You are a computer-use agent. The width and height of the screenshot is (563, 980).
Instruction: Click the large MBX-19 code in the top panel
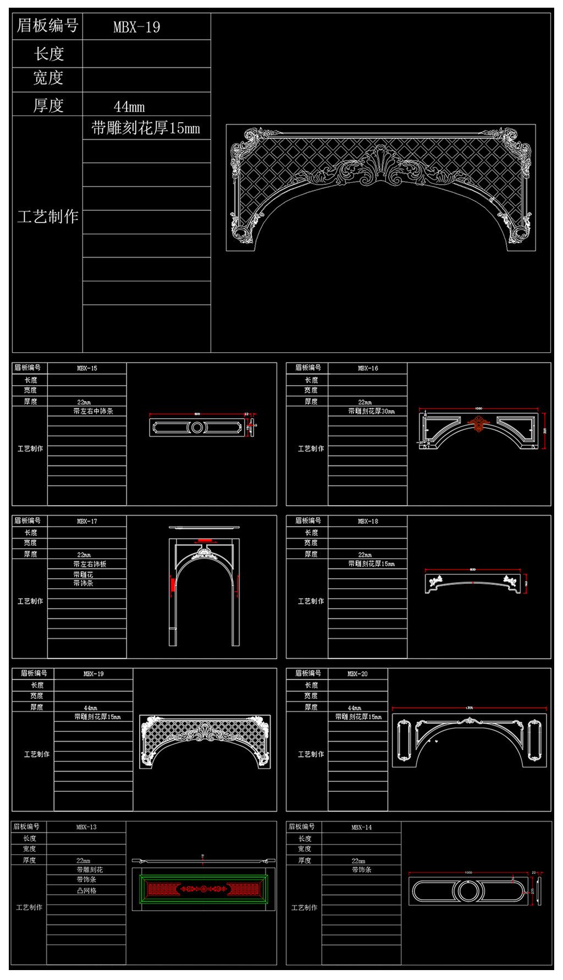coord(136,27)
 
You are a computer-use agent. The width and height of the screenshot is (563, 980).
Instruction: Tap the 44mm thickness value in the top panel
coord(129,106)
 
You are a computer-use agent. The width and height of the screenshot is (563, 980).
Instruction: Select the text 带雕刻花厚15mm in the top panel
coord(146,129)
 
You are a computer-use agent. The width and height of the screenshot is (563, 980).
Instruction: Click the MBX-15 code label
coord(87,368)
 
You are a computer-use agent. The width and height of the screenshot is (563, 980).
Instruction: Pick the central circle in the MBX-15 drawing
coord(197,427)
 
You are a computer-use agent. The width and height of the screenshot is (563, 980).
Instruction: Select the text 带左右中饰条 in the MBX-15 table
coord(93,411)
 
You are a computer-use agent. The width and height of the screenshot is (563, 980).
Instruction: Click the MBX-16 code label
coord(368,368)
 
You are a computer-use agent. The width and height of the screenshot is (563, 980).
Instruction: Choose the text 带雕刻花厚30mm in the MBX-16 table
coord(371,411)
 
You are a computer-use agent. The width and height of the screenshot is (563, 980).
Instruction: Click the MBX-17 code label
coord(87,521)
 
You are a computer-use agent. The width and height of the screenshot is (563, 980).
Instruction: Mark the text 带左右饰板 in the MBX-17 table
coord(90,564)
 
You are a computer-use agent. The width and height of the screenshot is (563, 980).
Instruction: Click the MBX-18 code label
coord(368,521)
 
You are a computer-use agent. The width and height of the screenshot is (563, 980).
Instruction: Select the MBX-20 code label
coord(357,674)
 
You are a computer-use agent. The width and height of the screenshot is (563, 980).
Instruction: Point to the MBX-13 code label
coord(86,827)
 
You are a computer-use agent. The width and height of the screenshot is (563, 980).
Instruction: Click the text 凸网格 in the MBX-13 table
coord(86,890)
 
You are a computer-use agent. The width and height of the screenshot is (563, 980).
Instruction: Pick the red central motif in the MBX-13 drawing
coord(203,889)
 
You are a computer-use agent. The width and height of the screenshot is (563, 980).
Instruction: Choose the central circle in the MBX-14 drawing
coord(468,891)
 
